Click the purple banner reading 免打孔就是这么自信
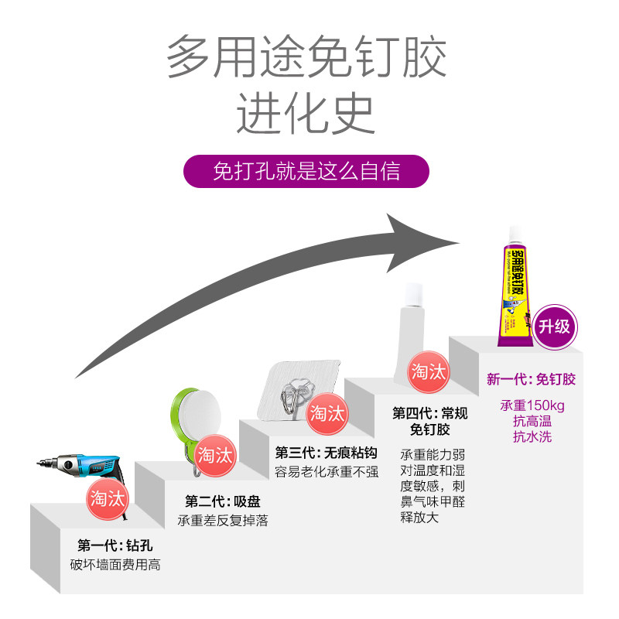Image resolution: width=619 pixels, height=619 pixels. [x=306, y=171]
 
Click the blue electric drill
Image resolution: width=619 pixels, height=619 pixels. [x=74, y=467]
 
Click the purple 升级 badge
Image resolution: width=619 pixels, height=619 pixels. [x=555, y=326]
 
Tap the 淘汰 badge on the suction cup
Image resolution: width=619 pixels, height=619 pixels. [x=214, y=454]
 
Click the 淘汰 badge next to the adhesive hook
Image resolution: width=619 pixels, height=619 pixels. [x=327, y=413]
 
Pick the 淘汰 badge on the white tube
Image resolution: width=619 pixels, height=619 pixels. [x=429, y=372]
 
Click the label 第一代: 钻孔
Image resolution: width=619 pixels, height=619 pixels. [x=114, y=544]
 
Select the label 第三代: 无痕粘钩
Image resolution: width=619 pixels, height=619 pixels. [x=326, y=453]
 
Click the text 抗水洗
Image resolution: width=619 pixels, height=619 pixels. [x=532, y=436]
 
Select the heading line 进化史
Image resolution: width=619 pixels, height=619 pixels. [x=306, y=114]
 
